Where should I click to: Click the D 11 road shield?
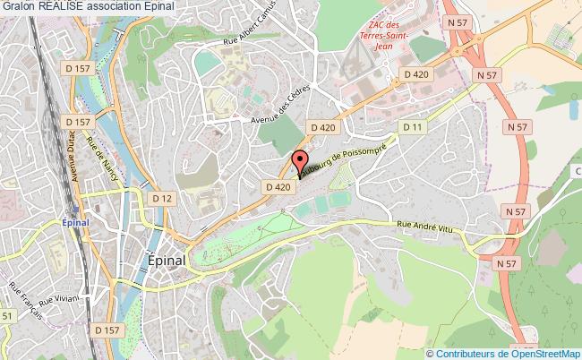point(413,128)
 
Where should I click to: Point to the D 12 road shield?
point(162,198)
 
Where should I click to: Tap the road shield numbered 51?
point(6,315)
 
